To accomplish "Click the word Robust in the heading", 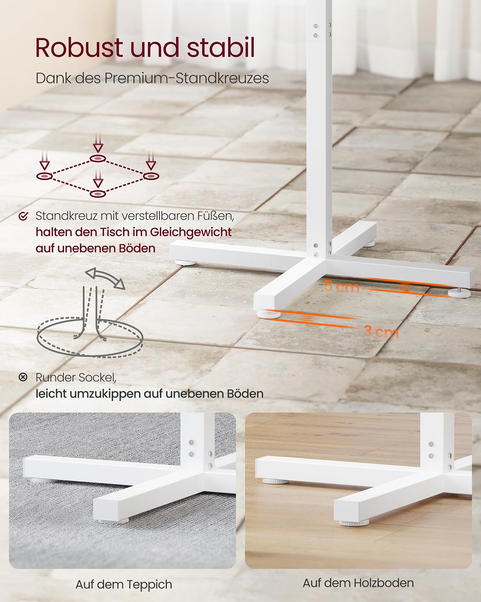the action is [x=79, y=47].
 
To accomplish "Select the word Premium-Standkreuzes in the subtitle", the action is [x=187, y=78].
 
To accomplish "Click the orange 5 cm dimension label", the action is [x=342, y=286].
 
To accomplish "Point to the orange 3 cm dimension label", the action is [x=381, y=332].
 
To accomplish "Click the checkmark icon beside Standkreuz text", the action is [x=23, y=216].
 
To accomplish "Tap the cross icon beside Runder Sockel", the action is [x=23, y=378].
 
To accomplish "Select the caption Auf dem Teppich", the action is [x=124, y=584].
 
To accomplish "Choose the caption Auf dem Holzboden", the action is [x=358, y=583].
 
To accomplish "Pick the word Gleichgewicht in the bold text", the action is [x=191, y=232].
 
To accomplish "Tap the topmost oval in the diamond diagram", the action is [x=98, y=159].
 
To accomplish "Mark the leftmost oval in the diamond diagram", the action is [x=44, y=176].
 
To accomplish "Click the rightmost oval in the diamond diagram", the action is [x=151, y=176].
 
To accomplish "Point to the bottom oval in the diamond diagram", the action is [x=98, y=193].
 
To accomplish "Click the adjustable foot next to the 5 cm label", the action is [x=459, y=292].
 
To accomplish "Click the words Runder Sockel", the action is [x=76, y=378].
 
